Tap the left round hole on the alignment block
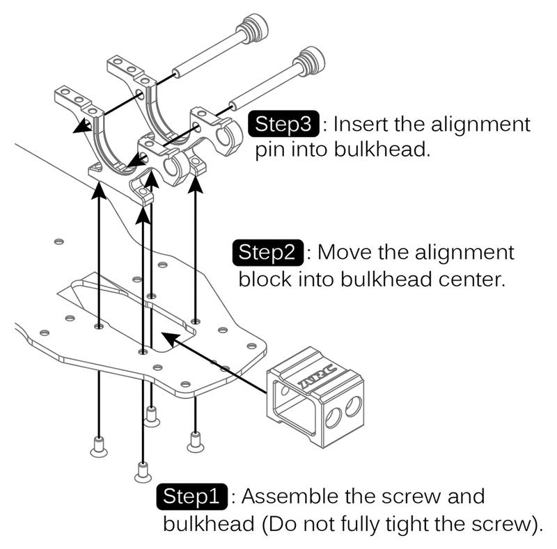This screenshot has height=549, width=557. point(333,417)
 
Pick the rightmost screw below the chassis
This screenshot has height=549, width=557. point(196,439)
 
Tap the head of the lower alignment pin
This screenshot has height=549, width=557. point(311,62)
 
